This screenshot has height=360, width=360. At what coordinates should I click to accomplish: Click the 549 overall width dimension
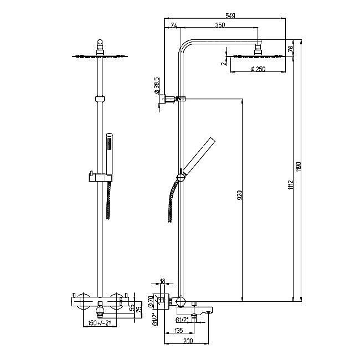point(230,16)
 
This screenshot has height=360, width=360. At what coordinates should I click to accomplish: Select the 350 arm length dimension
point(220,25)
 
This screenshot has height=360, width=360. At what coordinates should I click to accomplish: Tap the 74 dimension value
point(174,25)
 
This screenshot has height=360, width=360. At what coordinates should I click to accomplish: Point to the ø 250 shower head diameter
point(258,69)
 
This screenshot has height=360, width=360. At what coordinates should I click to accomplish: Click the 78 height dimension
point(290,48)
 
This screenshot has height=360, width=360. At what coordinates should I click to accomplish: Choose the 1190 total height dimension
point(298,167)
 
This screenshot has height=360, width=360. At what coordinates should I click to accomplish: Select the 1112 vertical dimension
point(291,184)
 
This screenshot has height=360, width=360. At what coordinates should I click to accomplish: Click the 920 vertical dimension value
point(239,195)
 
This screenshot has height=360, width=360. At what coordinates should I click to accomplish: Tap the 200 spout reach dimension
point(188,341)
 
